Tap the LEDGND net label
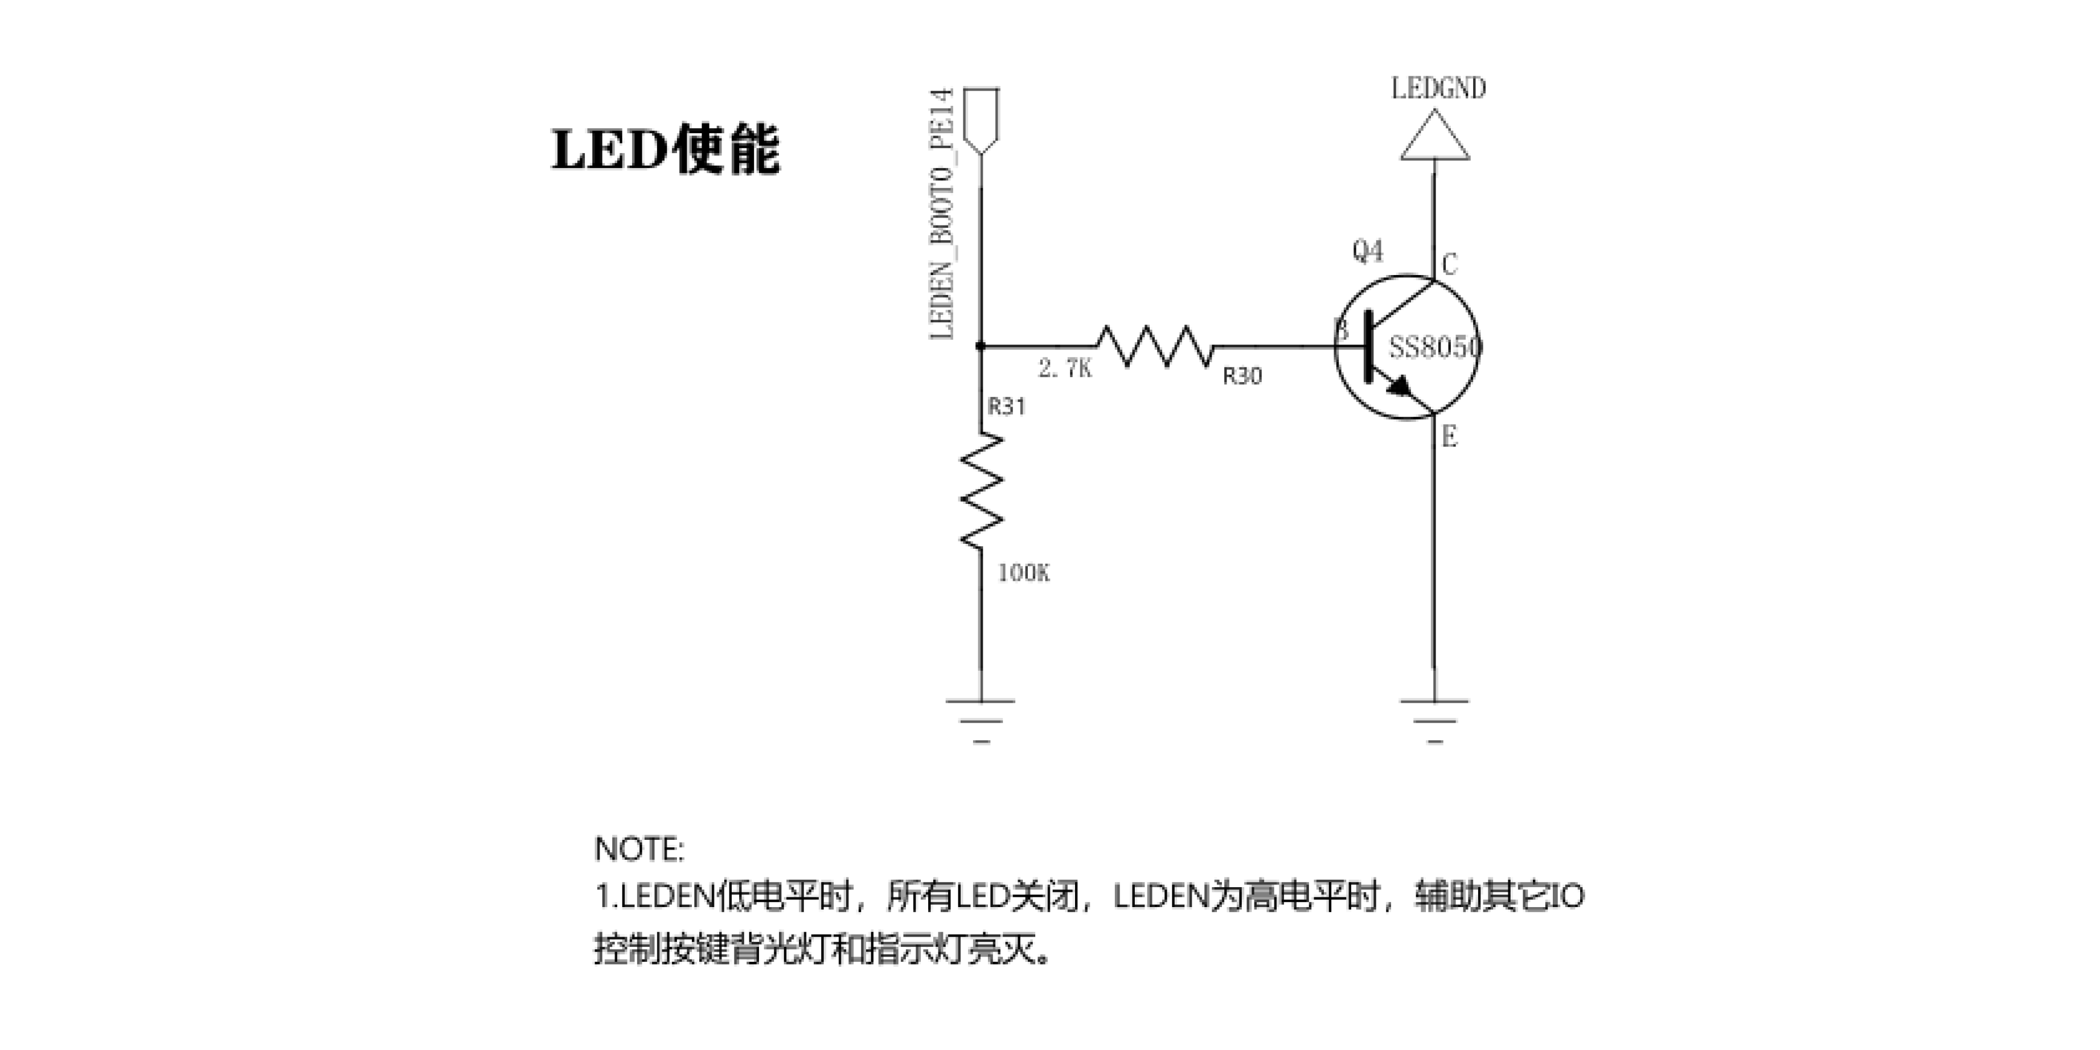pos(1438,88)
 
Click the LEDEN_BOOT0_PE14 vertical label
pos(942,214)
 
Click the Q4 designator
pos(1368,251)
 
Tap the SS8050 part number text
pos(1435,347)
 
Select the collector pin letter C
pos(1450,264)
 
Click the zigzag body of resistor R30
pos(1154,346)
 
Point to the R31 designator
pos(1007,406)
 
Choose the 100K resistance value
pos(1024,573)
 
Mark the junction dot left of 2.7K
pos(981,346)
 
